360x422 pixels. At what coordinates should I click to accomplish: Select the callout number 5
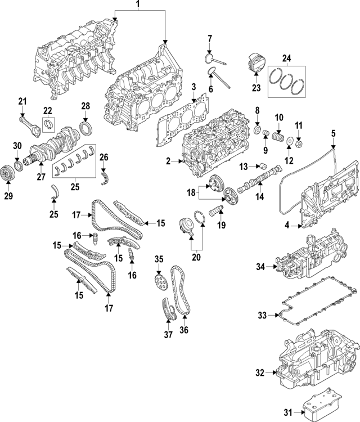332,133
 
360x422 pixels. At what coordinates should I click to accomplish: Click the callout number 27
40,176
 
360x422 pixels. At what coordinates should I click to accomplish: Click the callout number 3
193,87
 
